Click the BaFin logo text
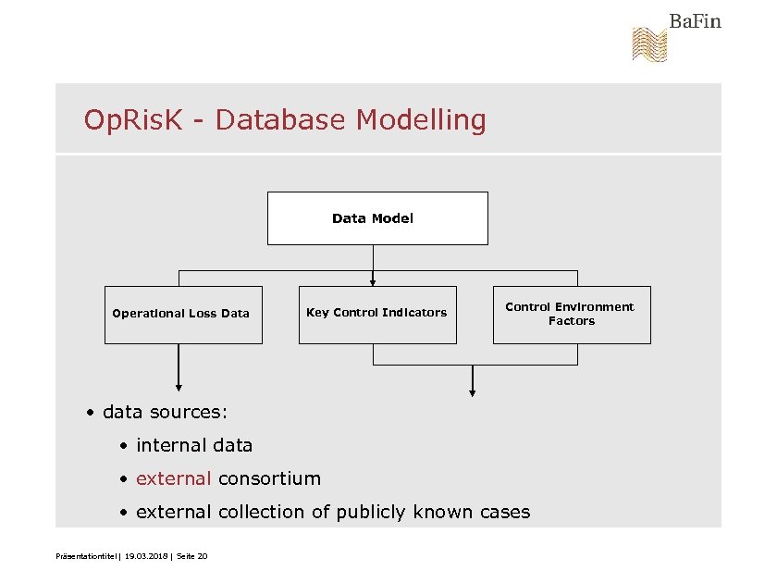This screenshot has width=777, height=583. click(x=695, y=21)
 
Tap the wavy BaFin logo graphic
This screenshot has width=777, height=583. click(x=649, y=44)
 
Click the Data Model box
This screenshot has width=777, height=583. click(x=377, y=218)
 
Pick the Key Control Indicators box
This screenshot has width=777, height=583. click(x=377, y=313)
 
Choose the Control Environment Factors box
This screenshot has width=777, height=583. click(x=571, y=314)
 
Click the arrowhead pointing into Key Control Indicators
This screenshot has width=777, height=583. click(x=373, y=281)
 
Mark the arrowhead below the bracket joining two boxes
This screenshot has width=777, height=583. click(x=473, y=392)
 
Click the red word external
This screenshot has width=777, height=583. click(x=174, y=478)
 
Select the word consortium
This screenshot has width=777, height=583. click(x=269, y=478)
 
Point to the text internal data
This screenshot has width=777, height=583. click(x=194, y=445)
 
